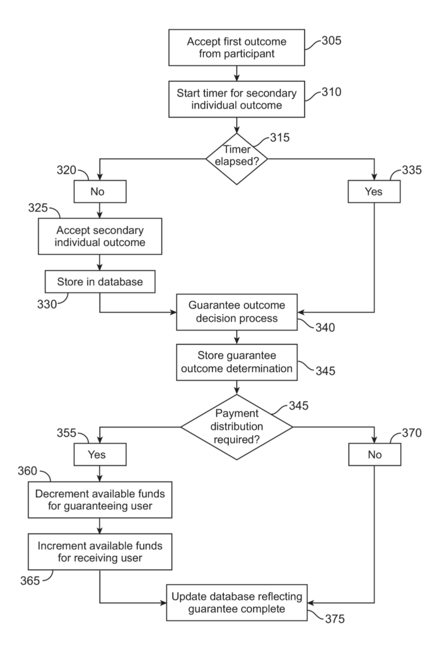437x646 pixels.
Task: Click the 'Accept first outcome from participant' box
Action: click(236, 48)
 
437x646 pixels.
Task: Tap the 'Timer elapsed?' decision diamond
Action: click(236, 159)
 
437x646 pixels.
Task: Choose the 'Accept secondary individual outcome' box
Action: click(100, 235)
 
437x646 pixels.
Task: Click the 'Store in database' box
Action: click(100, 281)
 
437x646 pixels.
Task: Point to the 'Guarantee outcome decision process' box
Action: click(236, 312)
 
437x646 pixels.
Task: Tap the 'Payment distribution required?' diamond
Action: click(236, 426)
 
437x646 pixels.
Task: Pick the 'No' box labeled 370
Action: click(375, 454)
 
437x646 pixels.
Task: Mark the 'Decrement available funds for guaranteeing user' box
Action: click(100, 500)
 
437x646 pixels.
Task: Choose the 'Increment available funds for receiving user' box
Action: click(100, 551)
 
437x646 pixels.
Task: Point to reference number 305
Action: click(330, 42)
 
